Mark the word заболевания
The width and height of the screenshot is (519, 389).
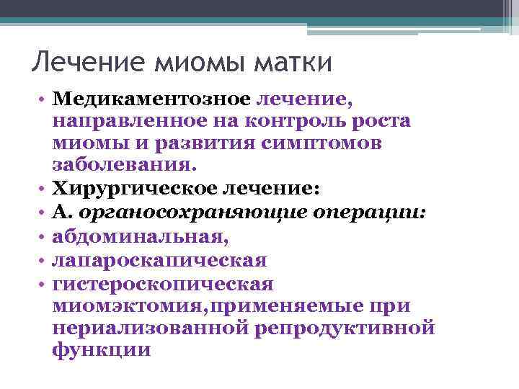(123, 166)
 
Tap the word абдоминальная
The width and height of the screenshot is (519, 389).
(142, 236)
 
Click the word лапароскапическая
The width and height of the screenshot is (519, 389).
(159, 259)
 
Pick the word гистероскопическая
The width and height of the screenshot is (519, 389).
(163, 282)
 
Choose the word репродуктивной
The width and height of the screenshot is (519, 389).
(345, 328)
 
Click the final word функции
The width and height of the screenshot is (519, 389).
(102, 351)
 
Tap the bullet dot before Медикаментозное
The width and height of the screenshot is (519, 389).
(43, 98)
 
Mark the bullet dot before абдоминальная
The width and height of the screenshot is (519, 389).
(43, 236)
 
